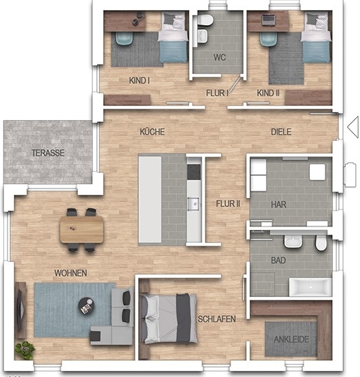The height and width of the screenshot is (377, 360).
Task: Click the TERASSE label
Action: tap(48, 153)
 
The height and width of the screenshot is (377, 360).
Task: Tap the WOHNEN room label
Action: tap(71, 273)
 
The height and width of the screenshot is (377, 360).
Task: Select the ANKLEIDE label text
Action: tap(292, 340)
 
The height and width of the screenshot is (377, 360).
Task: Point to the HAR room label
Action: tap(279, 205)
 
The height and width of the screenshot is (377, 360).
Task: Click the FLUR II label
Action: tap(228, 204)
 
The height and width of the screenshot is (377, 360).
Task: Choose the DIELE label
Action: tap(281, 132)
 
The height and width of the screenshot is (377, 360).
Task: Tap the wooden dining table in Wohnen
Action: tap(81, 230)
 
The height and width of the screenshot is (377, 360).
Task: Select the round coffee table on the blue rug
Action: tap(86, 305)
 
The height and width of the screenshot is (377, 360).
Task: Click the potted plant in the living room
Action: tap(24, 351)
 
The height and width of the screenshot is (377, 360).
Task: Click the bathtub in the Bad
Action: tap(311, 287)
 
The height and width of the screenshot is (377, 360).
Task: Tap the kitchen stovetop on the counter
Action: tap(194, 172)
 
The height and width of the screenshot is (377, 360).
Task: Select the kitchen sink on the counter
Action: tap(193, 204)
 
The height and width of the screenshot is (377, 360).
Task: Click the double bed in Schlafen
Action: tap(169, 319)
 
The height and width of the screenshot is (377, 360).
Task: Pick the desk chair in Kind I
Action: tap(124, 38)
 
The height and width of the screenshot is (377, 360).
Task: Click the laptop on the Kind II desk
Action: tap(268, 20)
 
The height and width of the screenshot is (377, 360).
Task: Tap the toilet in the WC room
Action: tap(205, 20)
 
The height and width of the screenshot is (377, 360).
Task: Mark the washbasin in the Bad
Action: tap(293, 241)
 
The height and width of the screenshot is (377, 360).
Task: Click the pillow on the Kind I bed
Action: tap(169, 18)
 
